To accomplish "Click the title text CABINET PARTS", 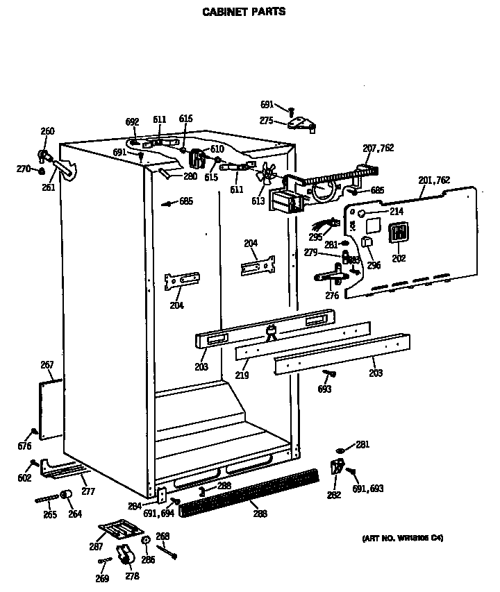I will (243, 12).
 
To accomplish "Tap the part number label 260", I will (47, 131).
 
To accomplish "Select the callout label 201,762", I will (435, 180).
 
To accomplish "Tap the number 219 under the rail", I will (242, 375).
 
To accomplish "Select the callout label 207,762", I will (378, 148).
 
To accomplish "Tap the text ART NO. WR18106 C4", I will (403, 538).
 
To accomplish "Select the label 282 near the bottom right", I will (333, 495).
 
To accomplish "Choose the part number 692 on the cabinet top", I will (133, 122).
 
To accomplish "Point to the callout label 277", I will (87, 491).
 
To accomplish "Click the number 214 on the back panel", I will (396, 211).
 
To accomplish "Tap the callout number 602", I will (24, 477).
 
